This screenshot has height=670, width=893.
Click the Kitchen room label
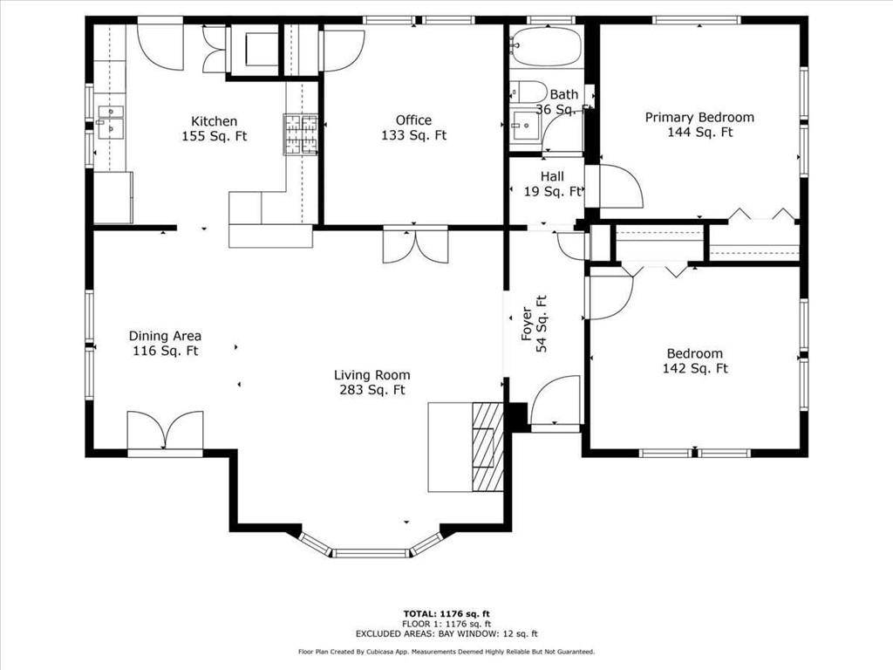point(215,129)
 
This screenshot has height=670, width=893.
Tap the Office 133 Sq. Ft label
point(413,127)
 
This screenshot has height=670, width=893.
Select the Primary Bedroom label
point(699,125)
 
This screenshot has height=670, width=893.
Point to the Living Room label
point(372,382)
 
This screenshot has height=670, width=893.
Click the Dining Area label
point(165,344)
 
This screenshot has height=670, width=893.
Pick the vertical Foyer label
point(534,324)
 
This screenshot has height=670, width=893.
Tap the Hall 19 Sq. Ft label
point(552,184)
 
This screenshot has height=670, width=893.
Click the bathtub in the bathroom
point(546,47)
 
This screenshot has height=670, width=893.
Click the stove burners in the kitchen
point(301,134)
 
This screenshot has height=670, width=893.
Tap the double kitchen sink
point(111,122)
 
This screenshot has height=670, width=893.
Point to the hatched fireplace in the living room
point(487,447)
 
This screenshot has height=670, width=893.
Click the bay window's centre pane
point(371,553)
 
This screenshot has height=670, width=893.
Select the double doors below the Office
point(416,246)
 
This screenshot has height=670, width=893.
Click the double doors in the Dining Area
point(165,431)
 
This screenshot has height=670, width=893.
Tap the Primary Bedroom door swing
point(621,187)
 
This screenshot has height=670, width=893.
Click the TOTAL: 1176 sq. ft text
point(446,613)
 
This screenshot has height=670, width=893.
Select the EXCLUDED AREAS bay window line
point(446,633)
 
